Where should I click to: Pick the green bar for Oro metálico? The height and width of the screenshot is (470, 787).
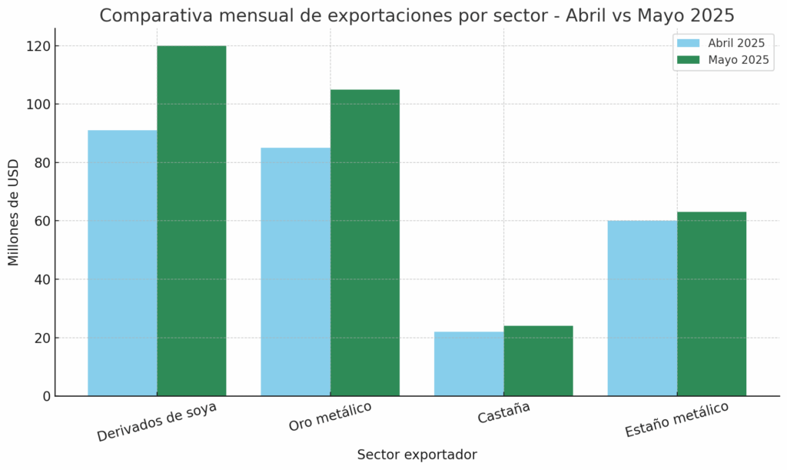[364, 242]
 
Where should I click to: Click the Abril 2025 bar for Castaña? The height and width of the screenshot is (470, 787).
[469, 364]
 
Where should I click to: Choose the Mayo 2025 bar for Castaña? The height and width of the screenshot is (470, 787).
[538, 361]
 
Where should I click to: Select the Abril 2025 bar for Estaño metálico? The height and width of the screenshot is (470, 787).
[642, 308]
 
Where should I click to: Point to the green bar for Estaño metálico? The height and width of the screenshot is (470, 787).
[711, 304]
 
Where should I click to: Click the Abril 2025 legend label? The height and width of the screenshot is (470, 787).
[736, 43]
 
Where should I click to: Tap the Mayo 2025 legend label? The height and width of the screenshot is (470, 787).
[739, 60]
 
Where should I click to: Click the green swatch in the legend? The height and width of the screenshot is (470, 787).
[689, 60]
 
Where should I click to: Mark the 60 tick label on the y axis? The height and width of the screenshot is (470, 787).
[42, 221]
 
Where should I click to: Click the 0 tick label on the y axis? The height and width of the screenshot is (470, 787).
[46, 396]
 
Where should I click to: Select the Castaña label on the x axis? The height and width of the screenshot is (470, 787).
[503, 413]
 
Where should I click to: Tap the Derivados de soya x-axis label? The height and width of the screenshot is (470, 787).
[157, 421]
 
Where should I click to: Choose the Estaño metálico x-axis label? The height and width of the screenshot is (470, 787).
[676, 419]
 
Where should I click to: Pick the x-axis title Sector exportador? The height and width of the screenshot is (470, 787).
[417, 455]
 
